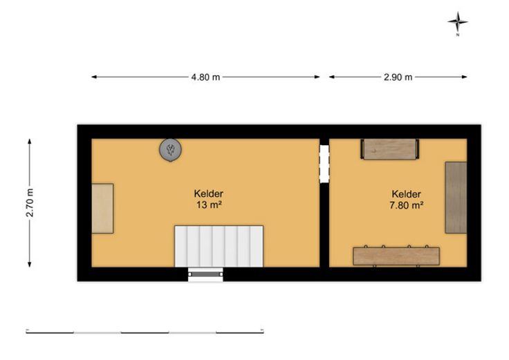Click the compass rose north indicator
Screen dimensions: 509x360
click(x=458, y=22)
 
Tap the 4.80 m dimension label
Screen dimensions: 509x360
click(x=205, y=77)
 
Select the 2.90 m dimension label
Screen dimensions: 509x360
click(x=398, y=77)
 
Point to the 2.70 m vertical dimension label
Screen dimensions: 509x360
click(x=30, y=202)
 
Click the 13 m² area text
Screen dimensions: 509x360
click(x=209, y=205)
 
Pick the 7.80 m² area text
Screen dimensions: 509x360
click(x=407, y=205)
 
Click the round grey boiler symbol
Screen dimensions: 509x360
click(x=170, y=150)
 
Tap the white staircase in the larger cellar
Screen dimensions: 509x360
click(x=219, y=246)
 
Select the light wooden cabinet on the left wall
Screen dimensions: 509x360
click(x=102, y=208)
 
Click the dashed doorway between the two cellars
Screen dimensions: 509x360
click(x=324, y=164)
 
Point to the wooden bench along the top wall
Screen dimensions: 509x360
click(x=390, y=149)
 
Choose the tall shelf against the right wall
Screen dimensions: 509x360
click(x=456, y=198)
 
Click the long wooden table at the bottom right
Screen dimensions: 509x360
click(x=396, y=256)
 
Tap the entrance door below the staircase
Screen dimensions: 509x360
click(x=205, y=274)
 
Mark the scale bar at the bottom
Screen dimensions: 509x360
click(x=145, y=332)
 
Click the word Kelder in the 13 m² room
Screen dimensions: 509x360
click(x=209, y=193)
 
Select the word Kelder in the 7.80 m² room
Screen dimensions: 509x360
click(x=407, y=194)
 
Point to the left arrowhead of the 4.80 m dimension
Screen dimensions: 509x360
click(x=94, y=77)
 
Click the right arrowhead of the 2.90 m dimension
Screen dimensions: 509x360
click(x=465, y=77)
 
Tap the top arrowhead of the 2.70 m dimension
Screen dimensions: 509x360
click(x=30, y=142)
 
